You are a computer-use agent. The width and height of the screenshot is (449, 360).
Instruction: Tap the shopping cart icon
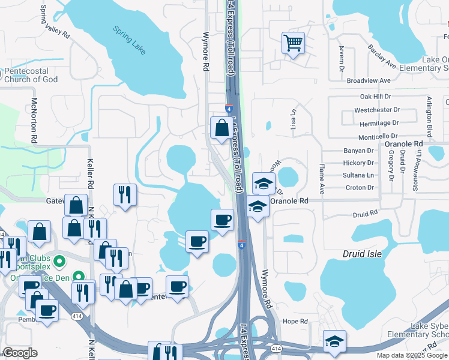pyautogui.click(x=293, y=42)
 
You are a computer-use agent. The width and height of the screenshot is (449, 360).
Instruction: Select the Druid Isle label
pyautogui.click(x=363, y=254)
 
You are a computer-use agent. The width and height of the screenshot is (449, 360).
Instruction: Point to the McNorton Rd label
pyautogui.click(x=34, y=120)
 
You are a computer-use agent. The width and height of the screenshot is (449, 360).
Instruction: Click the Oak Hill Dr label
pyautogui.click(x=375, y=96)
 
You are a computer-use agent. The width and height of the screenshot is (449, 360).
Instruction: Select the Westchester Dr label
pyautogui.click(x=377, y=110)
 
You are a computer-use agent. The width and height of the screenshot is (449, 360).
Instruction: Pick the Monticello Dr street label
pyautogui.click(x=378, y=137)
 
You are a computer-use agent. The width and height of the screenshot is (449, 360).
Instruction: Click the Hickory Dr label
pyautogui.click(x=358, y=163)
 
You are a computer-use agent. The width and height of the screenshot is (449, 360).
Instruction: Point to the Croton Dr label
pyautogui.click(x=360, y=187)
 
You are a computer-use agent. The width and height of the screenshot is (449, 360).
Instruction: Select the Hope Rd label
pyautogui.click(x=295, y=321)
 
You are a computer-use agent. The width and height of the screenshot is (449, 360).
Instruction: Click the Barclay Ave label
pyautogui.click(x=382, y=56)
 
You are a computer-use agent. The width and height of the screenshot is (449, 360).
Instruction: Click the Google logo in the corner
pyautogui.click(x=20, y=353)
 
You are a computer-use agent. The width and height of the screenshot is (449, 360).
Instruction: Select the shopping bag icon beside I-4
pyautogui.click(x=221, y=127)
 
